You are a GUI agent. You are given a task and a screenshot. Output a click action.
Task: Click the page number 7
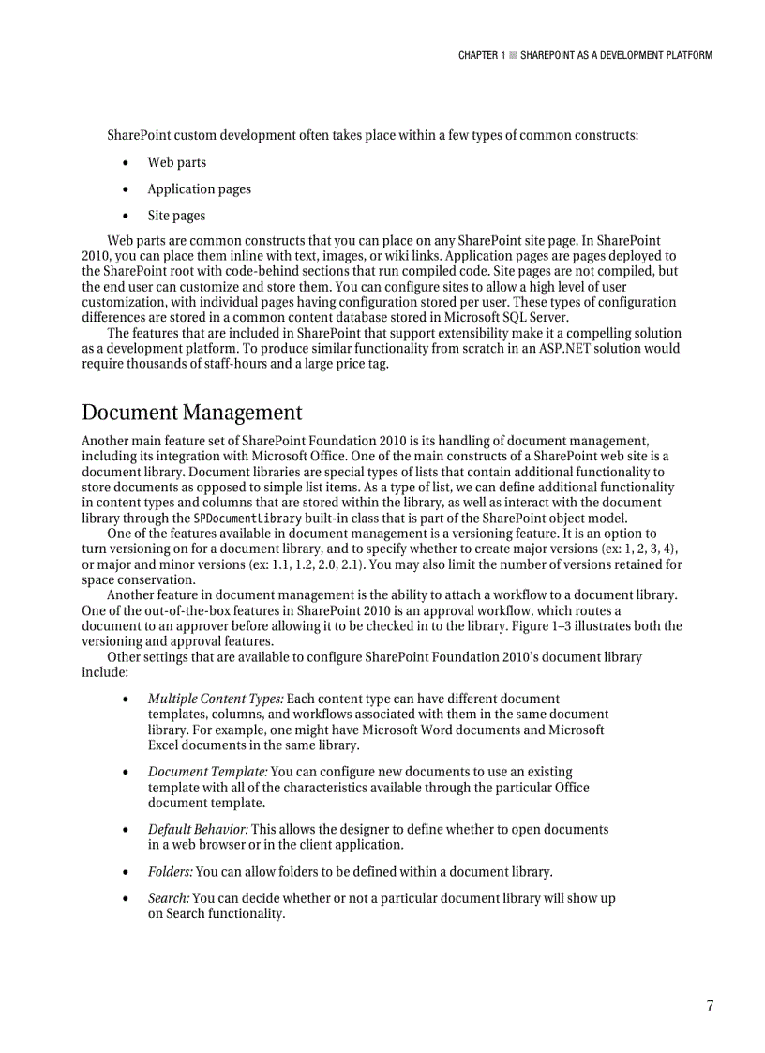[710, 1006]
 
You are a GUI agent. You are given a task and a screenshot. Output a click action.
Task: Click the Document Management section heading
[192, 413]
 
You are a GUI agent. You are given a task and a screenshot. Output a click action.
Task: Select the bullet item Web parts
[176, 162]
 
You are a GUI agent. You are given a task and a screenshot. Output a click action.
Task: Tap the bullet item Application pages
[199, 188]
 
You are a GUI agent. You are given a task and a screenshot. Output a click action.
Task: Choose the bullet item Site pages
[176, 216]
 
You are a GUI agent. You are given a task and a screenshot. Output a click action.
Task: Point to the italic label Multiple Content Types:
[216, 699]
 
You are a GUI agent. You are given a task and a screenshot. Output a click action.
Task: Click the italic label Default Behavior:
[198, 829]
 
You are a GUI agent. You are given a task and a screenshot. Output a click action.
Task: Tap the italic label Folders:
[170, 871]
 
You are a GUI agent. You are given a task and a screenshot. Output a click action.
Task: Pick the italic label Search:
[169, 898]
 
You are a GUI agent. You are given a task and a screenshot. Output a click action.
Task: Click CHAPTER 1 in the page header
[481, 55]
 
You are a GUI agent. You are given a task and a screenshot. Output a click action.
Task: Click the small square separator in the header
[513, 55]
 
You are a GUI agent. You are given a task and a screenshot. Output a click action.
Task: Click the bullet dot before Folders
[126, 871]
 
